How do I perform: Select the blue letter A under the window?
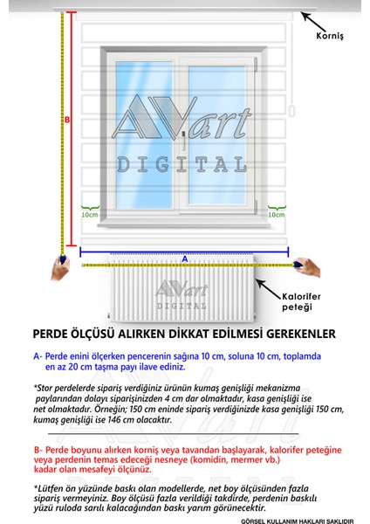coord(184,259)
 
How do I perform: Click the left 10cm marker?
coord(88,213)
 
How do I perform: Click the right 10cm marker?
coord(276,213)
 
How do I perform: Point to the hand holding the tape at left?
coord(59,267)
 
